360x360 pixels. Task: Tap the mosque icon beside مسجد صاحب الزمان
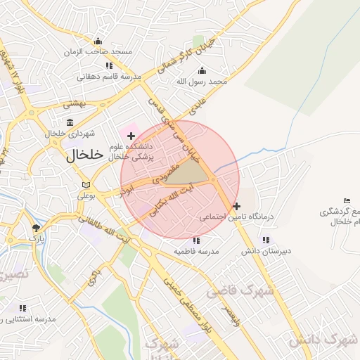pos(98,40)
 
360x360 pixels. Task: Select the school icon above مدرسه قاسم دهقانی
pos(109,65)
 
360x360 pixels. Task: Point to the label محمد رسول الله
pos(202,82)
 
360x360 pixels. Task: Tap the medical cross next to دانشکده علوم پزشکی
pos(131,135)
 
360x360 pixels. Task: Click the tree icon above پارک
pos(36,228)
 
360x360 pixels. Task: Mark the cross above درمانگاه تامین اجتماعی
pos(236,207)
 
